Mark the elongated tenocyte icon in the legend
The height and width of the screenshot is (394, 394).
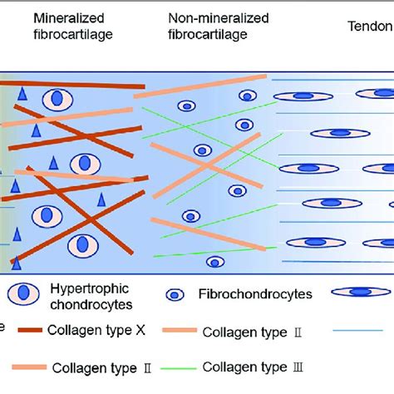[362, 293]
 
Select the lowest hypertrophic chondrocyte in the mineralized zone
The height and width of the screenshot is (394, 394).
[80, 244]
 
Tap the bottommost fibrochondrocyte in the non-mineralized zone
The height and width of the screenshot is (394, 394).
[215, 262]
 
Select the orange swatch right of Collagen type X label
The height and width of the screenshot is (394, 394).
[191, 330]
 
